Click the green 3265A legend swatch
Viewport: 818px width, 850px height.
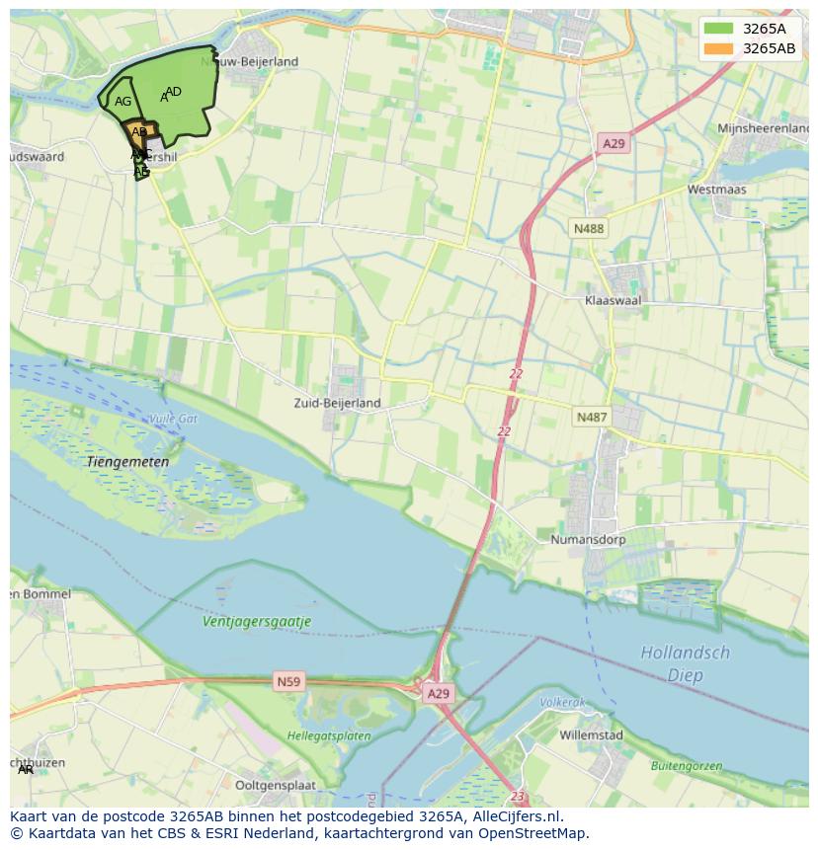point(718,29)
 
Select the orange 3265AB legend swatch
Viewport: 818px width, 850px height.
point(718,48)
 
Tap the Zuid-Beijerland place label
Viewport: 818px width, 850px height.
point(337,403)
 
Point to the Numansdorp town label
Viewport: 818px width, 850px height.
point(587,540)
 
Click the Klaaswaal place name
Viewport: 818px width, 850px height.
point(613,299)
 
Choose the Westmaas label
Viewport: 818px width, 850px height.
point(716,189)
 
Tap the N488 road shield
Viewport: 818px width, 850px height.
point(588,229)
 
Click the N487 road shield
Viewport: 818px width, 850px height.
point(591,418)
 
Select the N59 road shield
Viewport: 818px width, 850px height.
point(287,681)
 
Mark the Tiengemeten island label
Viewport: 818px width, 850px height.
point(127,461)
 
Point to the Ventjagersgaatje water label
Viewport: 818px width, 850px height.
point(257,622)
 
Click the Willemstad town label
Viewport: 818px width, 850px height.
point(591,735)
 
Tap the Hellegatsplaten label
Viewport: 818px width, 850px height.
point(329,735)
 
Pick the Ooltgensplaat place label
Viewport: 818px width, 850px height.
point(276,785)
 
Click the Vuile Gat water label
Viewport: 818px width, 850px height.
point(173,419)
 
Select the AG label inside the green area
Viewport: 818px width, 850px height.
point(123,102)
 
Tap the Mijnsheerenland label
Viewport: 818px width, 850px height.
point(763,128)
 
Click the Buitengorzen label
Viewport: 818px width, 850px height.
point(686,765)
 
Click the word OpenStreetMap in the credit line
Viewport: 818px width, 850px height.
point(533,833)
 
